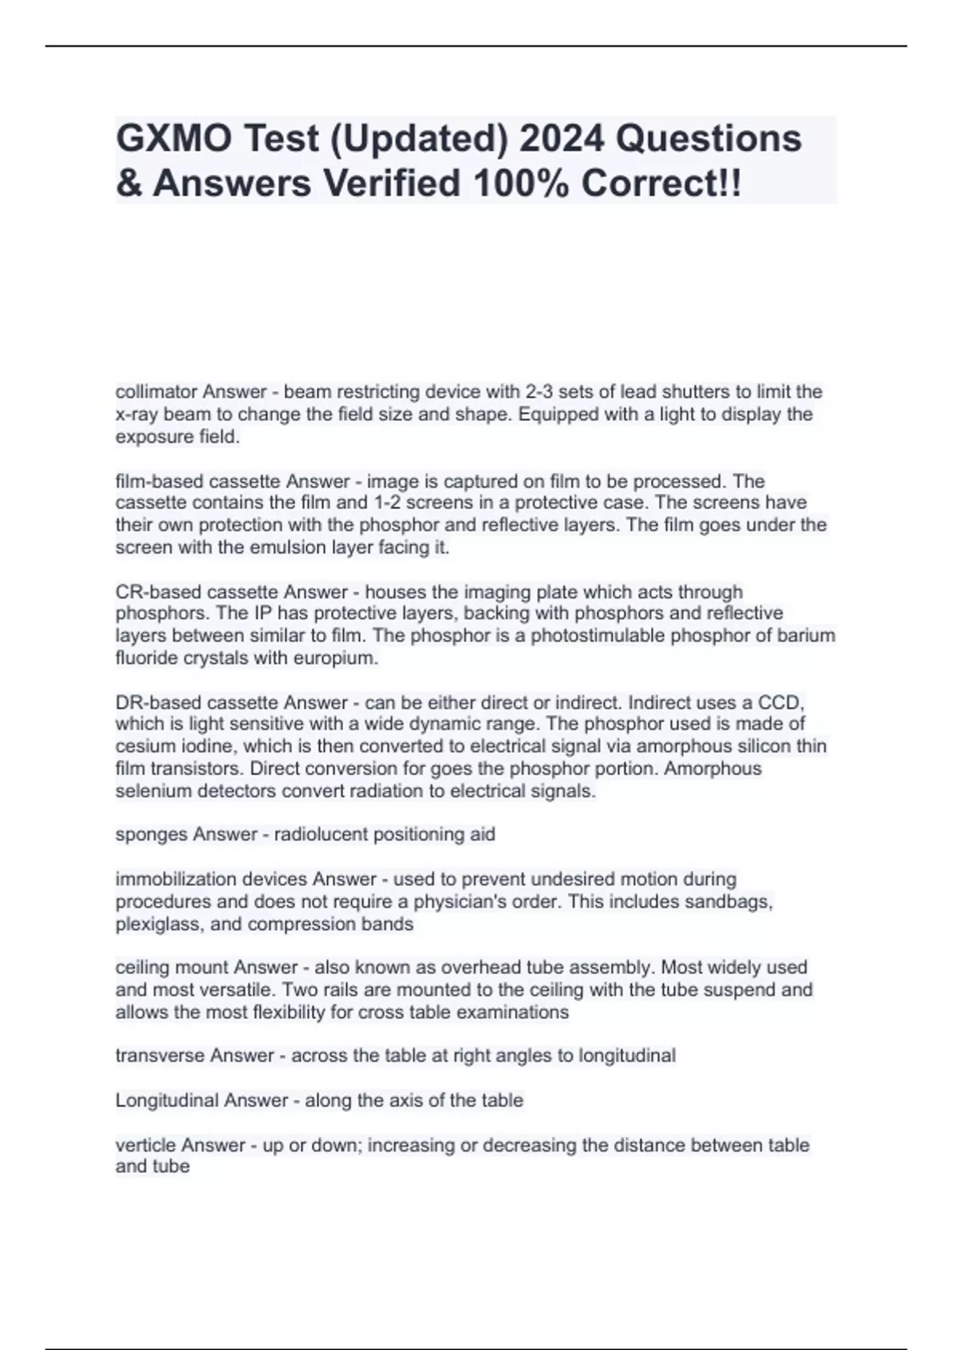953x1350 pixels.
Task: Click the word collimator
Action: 156,391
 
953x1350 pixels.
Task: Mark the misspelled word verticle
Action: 146,1145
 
